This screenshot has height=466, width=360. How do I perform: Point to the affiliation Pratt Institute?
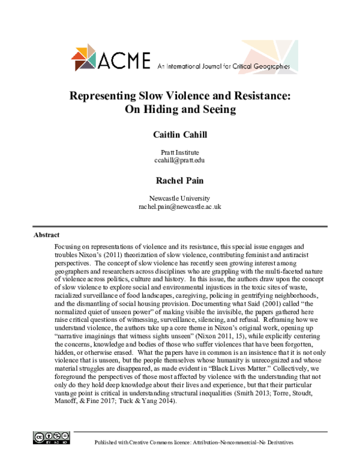[179, 153]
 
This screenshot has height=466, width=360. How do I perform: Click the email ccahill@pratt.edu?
[179, 161]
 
